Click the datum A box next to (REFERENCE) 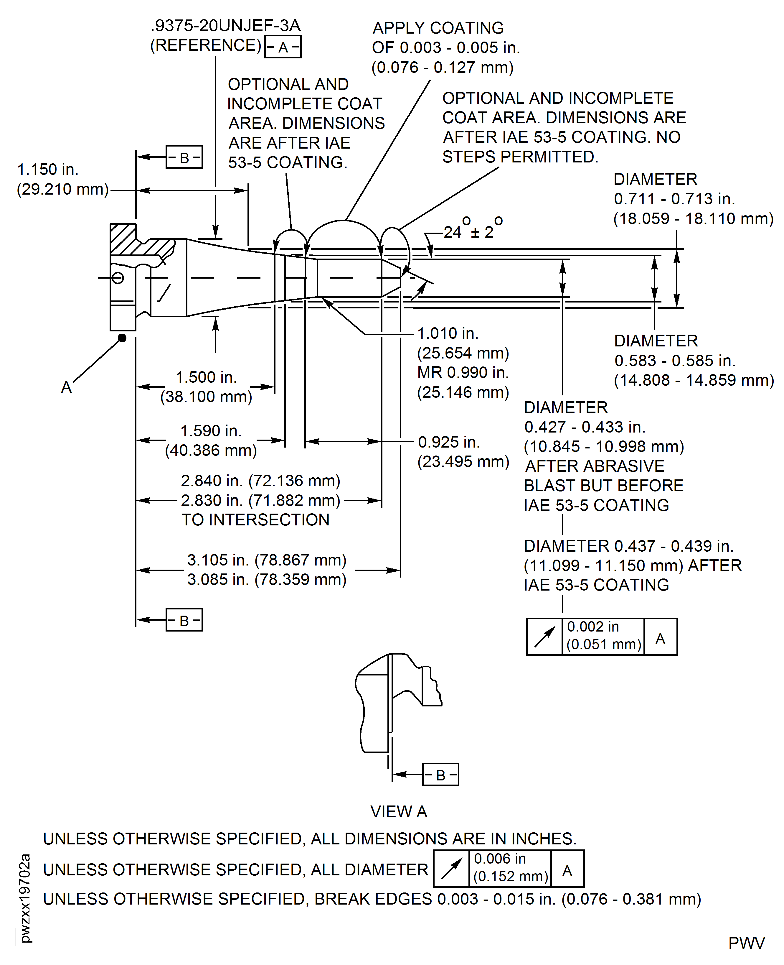click(x=283, y=47)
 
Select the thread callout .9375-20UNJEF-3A click(x=225, y=26)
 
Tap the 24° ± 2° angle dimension click(x=472, y=232)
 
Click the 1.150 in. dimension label click(x=48, y=170)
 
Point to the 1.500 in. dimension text click(x=206, y=377)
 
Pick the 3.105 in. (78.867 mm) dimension click(x=266, y=560)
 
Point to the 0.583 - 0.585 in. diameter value click(x=675, y=361)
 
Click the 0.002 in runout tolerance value click(x=592, y=627)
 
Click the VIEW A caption click(x=398, y=812)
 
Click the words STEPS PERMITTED click(x=520, y=157)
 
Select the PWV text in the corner click(x=746, y=943)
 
